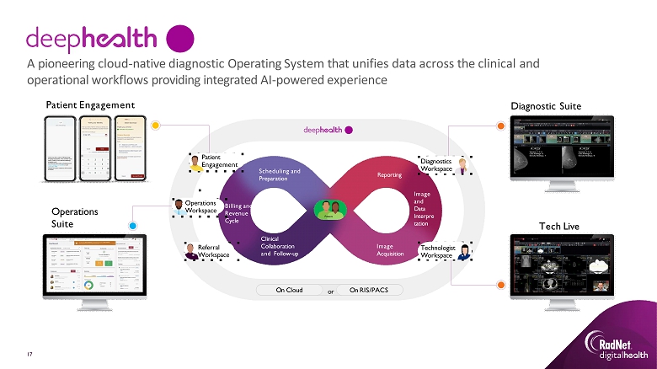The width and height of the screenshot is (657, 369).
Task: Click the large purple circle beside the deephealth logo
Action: (180, 38)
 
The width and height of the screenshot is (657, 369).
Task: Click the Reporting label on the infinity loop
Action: (389, 174)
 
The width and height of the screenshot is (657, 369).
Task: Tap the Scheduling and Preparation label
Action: (279, 174)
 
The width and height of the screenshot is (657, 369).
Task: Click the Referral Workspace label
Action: (213, 249)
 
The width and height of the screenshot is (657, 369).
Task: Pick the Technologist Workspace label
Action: (436, 251)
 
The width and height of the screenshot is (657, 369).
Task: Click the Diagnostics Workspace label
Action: (436, 164)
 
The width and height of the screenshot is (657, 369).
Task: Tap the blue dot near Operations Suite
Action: (133, 226)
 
